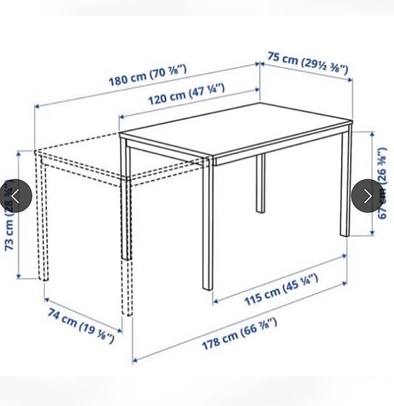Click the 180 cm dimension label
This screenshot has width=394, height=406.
148,74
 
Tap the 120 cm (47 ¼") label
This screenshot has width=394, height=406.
186,92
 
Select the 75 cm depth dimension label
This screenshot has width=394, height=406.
307,64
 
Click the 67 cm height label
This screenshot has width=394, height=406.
382,182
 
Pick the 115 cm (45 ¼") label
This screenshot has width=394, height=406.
281,289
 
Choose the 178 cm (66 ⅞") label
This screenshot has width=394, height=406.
239,333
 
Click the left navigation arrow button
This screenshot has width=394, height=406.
16,196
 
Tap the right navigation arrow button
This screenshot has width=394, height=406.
367,196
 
